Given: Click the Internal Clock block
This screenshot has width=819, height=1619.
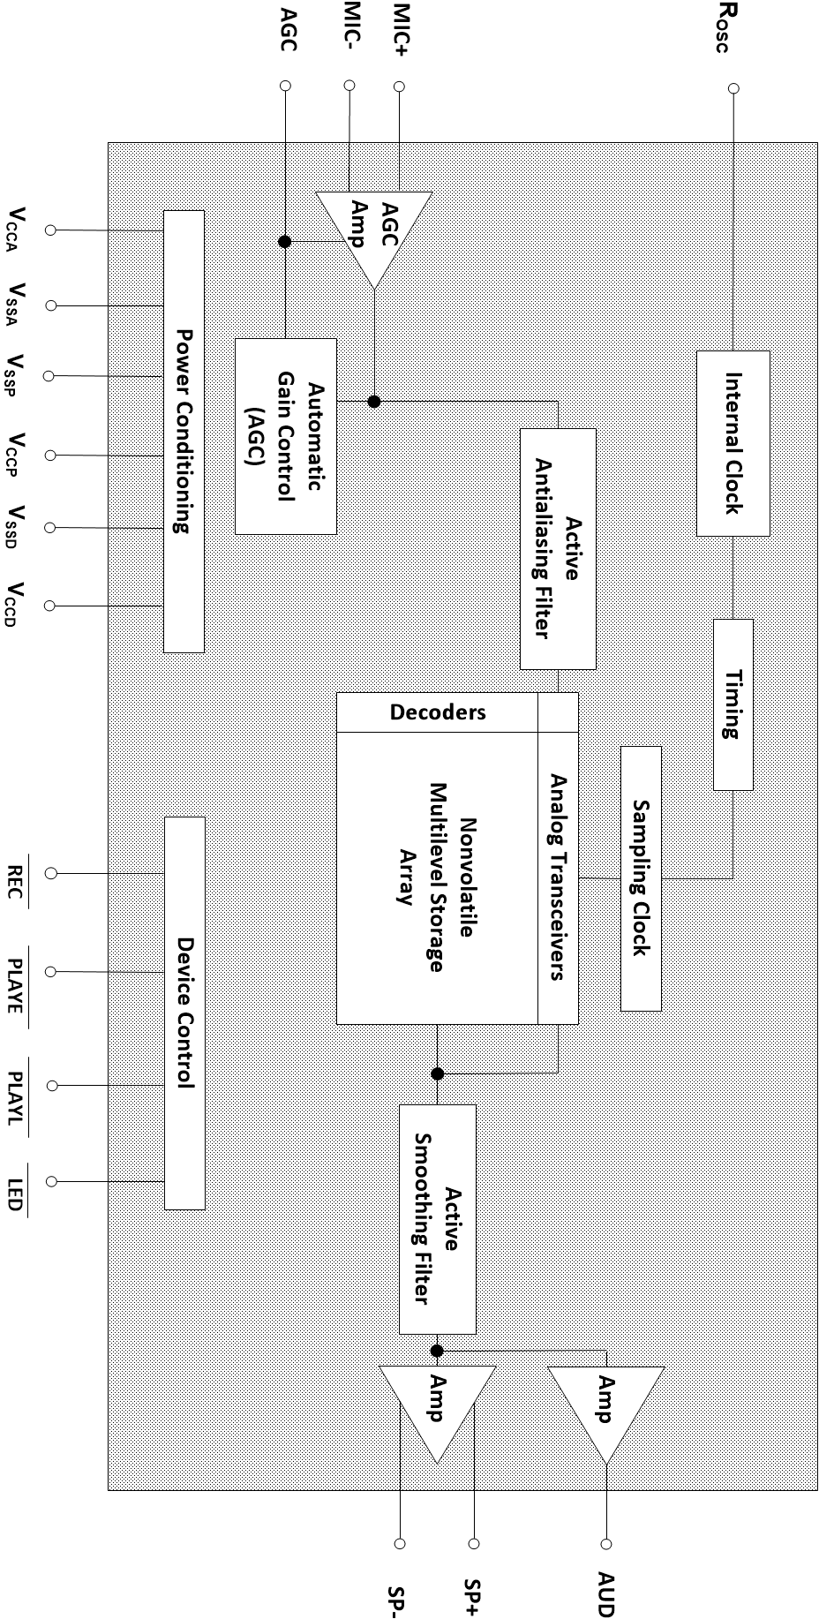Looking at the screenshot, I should pos(733,443).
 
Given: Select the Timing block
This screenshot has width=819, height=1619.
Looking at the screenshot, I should pos(733,704).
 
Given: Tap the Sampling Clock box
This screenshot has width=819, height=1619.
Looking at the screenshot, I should pos(641,877).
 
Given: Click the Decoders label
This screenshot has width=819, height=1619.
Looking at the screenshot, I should pos(438,712).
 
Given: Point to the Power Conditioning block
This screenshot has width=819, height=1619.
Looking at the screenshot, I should pos(184,431).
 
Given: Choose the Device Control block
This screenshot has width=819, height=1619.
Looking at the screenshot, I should pos(184,1012).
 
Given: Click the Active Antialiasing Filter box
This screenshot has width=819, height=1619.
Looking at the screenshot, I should pos(558,548).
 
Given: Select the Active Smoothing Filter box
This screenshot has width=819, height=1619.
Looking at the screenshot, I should pos(438,1218).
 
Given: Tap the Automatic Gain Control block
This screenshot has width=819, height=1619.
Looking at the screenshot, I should pos(286,436).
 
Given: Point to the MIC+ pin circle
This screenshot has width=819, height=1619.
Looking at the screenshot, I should pos(399,87).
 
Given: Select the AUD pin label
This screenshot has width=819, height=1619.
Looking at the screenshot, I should pos(605,1593).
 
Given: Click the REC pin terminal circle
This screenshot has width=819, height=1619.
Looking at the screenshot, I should pos(51,873).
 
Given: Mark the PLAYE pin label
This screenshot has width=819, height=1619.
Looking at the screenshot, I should pos(15,985).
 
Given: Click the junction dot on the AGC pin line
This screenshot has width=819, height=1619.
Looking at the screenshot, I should pos(285,241).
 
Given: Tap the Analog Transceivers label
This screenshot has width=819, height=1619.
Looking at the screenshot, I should pos(558,877).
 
